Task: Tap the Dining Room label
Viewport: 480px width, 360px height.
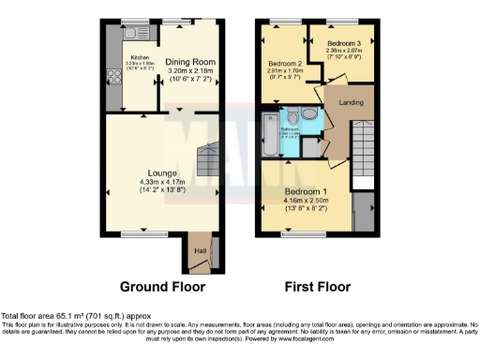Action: pos(191,60)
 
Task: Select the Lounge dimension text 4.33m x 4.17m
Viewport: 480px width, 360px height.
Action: pos(162,182)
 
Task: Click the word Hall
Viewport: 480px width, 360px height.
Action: pos(198,250)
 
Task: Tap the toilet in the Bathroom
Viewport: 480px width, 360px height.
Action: pos(292,116)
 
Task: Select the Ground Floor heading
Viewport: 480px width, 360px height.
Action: pos(160,288)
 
